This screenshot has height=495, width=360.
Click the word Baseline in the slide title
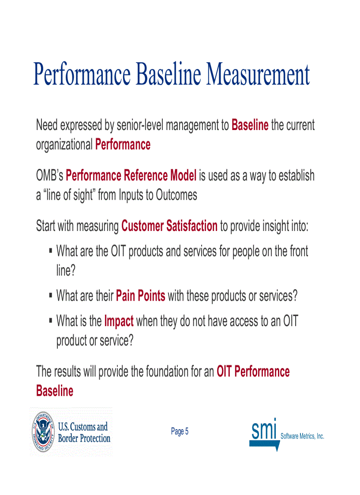point(170,75)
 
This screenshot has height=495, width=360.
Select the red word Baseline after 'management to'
point(250,125)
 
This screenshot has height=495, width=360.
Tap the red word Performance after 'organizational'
point(123,145)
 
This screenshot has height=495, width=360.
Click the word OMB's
point(49,175)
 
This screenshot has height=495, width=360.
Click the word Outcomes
point(176,195)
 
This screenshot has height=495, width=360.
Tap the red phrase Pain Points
point(140,296)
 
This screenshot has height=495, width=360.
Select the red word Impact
point(119,321)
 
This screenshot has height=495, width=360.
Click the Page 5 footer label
point(180,432)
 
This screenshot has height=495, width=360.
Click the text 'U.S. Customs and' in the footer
point(83,426)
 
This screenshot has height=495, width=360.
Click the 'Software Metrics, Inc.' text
point(302,436)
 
